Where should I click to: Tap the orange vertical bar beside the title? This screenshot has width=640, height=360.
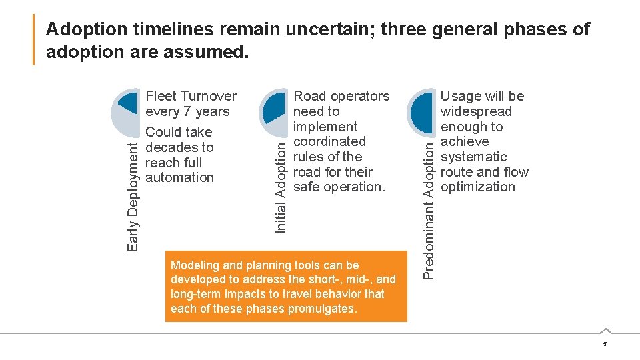tap(34, 40)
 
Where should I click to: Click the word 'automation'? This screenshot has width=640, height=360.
tap(179, 177)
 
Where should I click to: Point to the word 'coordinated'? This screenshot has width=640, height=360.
tap(329, 141)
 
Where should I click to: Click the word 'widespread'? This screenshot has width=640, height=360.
tap(476, 111)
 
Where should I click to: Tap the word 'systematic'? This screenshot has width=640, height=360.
tap(473, 157)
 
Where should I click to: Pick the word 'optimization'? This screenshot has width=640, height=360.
tap(478, 187)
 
